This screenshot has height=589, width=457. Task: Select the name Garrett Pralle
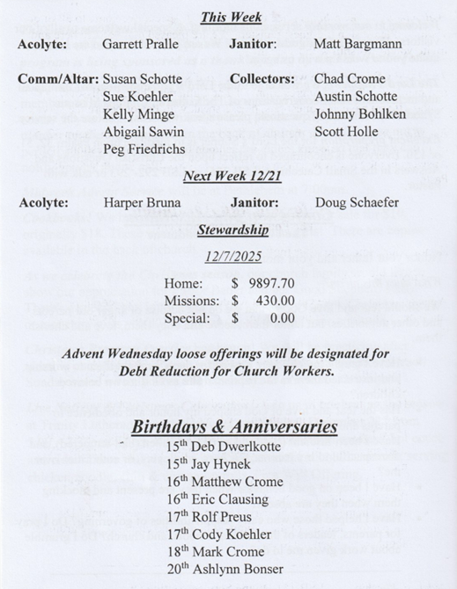click(x=142, y=43)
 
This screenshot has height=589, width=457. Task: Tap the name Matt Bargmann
click(x=357, y=43)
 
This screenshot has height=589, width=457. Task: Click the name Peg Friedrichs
click(x=144, y=149)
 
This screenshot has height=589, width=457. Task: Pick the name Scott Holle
click(x=346, y=132)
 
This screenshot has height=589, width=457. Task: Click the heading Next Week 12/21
click(x=232, y=176)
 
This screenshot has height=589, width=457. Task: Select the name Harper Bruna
click(x=142, y=203)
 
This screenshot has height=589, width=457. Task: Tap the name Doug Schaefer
click(x=357, y=203)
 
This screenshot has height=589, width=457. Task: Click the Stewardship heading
click(x=233, y=231)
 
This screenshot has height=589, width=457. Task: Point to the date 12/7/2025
click(x=233, y=258)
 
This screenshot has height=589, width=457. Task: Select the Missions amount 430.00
click(x=275, y=302)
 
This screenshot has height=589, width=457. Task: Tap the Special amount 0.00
click(x=282, y=319)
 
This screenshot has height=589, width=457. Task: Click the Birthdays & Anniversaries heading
click(x=233, y=427)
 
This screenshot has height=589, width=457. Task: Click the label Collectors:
click(x=262, y=79)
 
